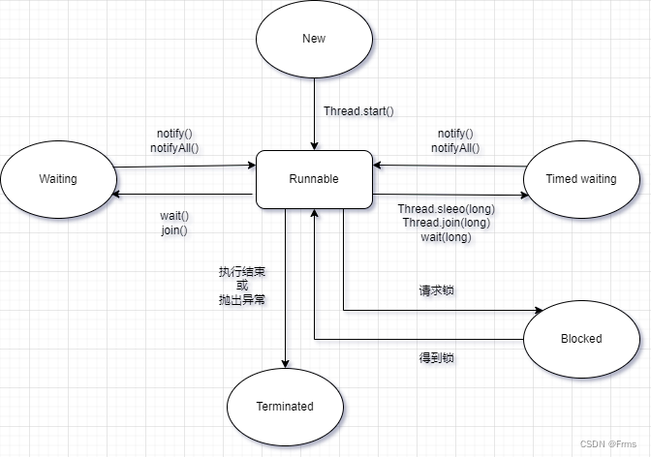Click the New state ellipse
tap(314, 40)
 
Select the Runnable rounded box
tap(314, 179)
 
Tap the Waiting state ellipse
tap(58, 179)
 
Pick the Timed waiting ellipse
tap(580, 179)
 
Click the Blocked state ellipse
tap(580, 339)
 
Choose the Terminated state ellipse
tap(285, 407)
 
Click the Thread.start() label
tap(358, 110)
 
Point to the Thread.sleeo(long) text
tap(446, 208)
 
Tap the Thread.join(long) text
tap(446, 223)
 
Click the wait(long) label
tap(446, 236)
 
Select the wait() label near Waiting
tap(174, 216)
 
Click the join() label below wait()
tap(174, 230)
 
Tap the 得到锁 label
tap(436, 357)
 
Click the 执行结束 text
tap(242, 270)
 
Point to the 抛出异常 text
tap(242, 299)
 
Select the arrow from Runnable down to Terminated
tap(286, 290)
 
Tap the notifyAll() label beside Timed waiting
tap(455, 148)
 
